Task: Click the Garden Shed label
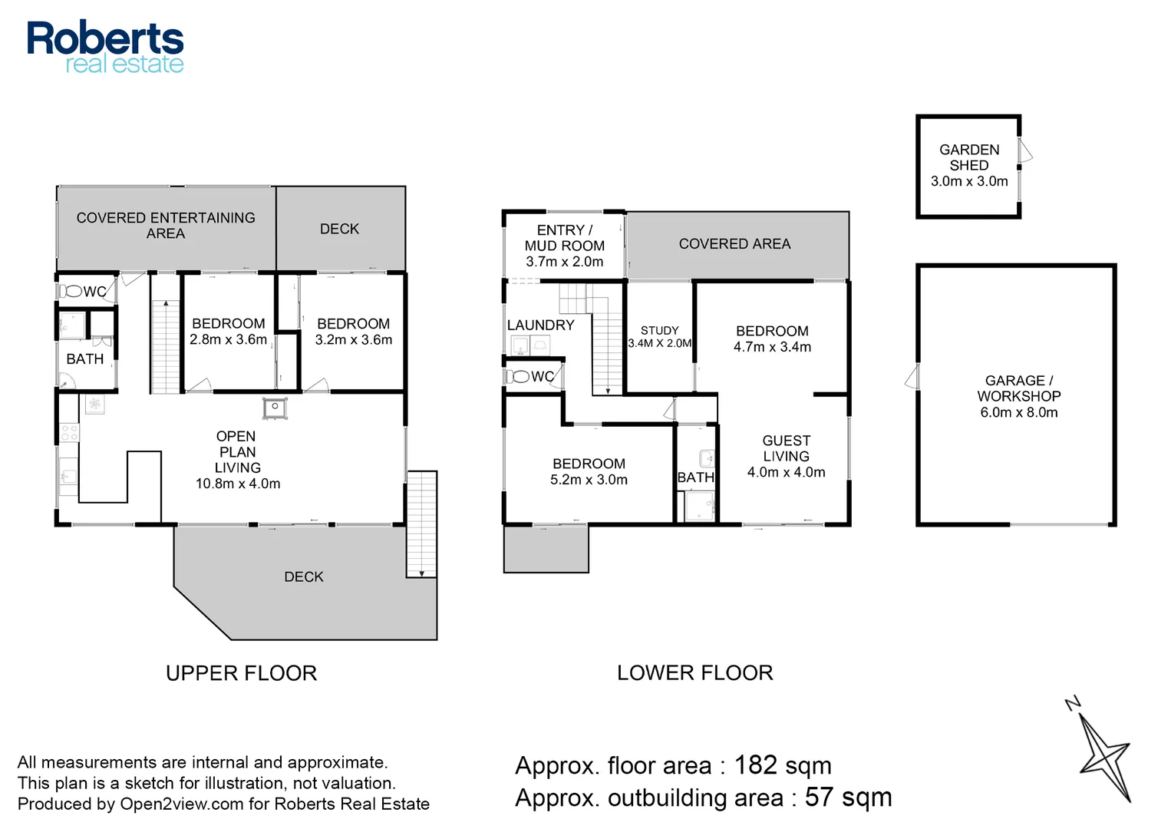coord(969,157)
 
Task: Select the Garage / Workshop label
coord(1018,388)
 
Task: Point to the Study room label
coord(659,330)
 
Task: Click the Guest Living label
coord(786,448)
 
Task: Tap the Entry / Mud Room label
coord(565,238)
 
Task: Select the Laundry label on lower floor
coord(540,325)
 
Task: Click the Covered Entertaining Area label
coord(166,226)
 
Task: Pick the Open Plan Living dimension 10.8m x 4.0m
coord(238,484)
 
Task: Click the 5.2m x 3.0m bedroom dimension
coord(589,480)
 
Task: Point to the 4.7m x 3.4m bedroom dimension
coord(772,347)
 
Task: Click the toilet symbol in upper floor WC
coord(71,291)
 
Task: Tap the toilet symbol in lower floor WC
coord(518,376)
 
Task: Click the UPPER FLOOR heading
coord(241,673)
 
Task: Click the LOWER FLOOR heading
coord(694,672)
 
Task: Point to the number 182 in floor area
coord(756,765)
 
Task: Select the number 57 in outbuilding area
coord(820,797)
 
